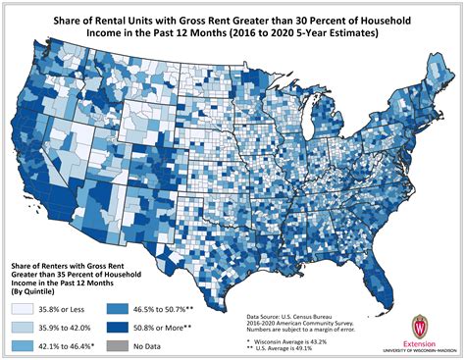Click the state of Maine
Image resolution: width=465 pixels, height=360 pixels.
click(x=439, y=77)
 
